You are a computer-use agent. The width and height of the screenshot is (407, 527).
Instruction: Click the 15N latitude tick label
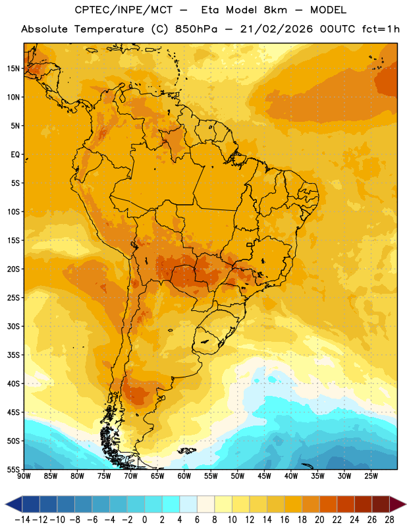(13, 69)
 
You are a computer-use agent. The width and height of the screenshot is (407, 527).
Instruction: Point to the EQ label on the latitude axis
(15, 155)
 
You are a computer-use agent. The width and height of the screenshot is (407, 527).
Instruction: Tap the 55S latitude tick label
(13, 469)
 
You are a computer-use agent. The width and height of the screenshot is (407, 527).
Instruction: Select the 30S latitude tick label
(13, 326)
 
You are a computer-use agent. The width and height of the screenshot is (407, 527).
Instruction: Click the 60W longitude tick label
(184, 476)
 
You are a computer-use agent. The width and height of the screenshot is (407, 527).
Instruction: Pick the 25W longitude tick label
(371, 476)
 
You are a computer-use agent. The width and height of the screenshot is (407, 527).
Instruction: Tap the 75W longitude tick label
(104, 476)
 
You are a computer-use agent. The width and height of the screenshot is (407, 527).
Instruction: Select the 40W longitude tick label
(291, 476)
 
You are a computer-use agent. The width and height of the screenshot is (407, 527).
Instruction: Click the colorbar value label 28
(389, 520)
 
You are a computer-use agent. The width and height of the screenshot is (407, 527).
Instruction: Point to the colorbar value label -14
(22, 520)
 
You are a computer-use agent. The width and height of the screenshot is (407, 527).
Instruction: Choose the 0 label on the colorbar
(144, 520)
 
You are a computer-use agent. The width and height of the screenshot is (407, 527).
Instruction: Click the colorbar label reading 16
(285, 520)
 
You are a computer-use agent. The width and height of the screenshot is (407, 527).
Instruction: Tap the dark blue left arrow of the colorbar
(14, 504)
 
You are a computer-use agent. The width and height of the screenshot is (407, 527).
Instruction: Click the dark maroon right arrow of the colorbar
(398, 504)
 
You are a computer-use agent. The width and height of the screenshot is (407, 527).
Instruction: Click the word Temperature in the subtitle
(109, 29)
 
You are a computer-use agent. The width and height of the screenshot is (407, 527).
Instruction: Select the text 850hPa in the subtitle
(196, 29)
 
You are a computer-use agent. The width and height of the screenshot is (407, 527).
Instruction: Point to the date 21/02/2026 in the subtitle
(276, 29)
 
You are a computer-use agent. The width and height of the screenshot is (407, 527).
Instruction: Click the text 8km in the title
(275, 10)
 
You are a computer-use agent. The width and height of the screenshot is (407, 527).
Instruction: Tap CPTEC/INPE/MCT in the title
(124, 10)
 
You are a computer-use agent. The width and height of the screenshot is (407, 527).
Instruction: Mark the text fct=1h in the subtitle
(381, 29)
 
